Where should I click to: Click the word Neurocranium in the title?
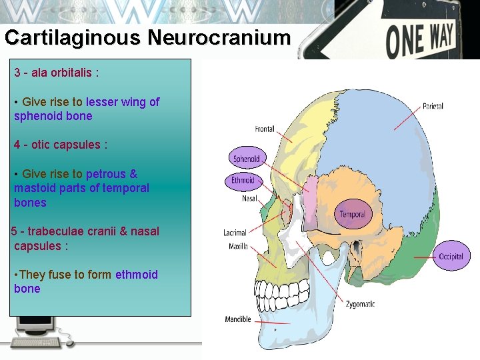click(x=219, y=37)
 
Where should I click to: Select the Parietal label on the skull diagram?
click(x=433, y=107)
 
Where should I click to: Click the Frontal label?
click(x=265, y=129)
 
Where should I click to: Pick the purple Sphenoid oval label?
click(x=246, y=159)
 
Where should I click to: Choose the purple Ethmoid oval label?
click(x=243, y=181)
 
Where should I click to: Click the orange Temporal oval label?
click(x=352, y=214)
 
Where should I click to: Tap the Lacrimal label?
click(x=235, y=233)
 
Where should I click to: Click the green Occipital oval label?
click(x=451, y=257)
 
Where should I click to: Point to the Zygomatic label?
click(x=360, y=304)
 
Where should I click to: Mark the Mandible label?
click(x=238, y=319)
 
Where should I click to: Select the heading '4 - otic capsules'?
click(x=61, y=145)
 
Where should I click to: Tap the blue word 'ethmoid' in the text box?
click(x=137, y=275)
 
